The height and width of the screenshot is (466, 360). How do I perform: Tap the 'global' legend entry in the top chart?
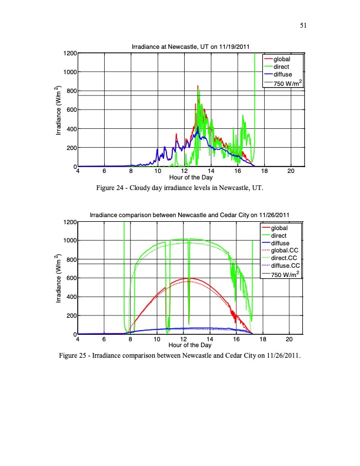click(x=282, y=59)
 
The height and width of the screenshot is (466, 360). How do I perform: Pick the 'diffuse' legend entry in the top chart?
click(x=282, y=75)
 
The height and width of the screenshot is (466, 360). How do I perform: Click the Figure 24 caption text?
click(x=180, y=188)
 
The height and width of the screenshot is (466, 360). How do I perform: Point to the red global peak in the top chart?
click(x=198, y=86)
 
